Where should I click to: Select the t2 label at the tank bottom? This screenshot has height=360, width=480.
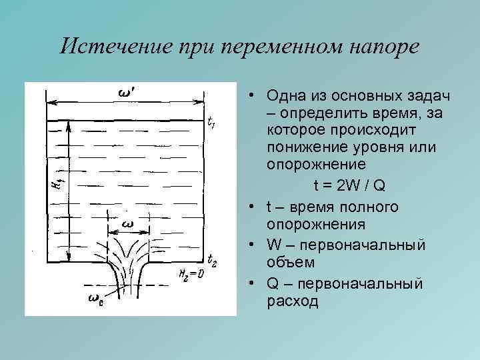coord(212,259)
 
